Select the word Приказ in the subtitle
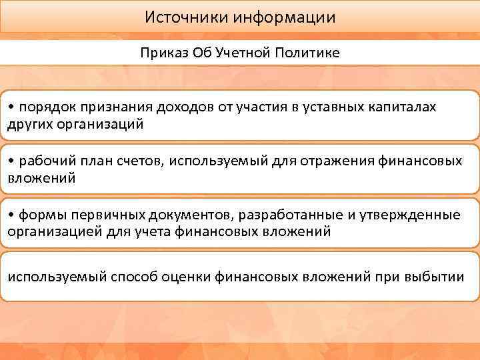click(x=161, y=53)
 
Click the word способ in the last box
click(x=133, y=277)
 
